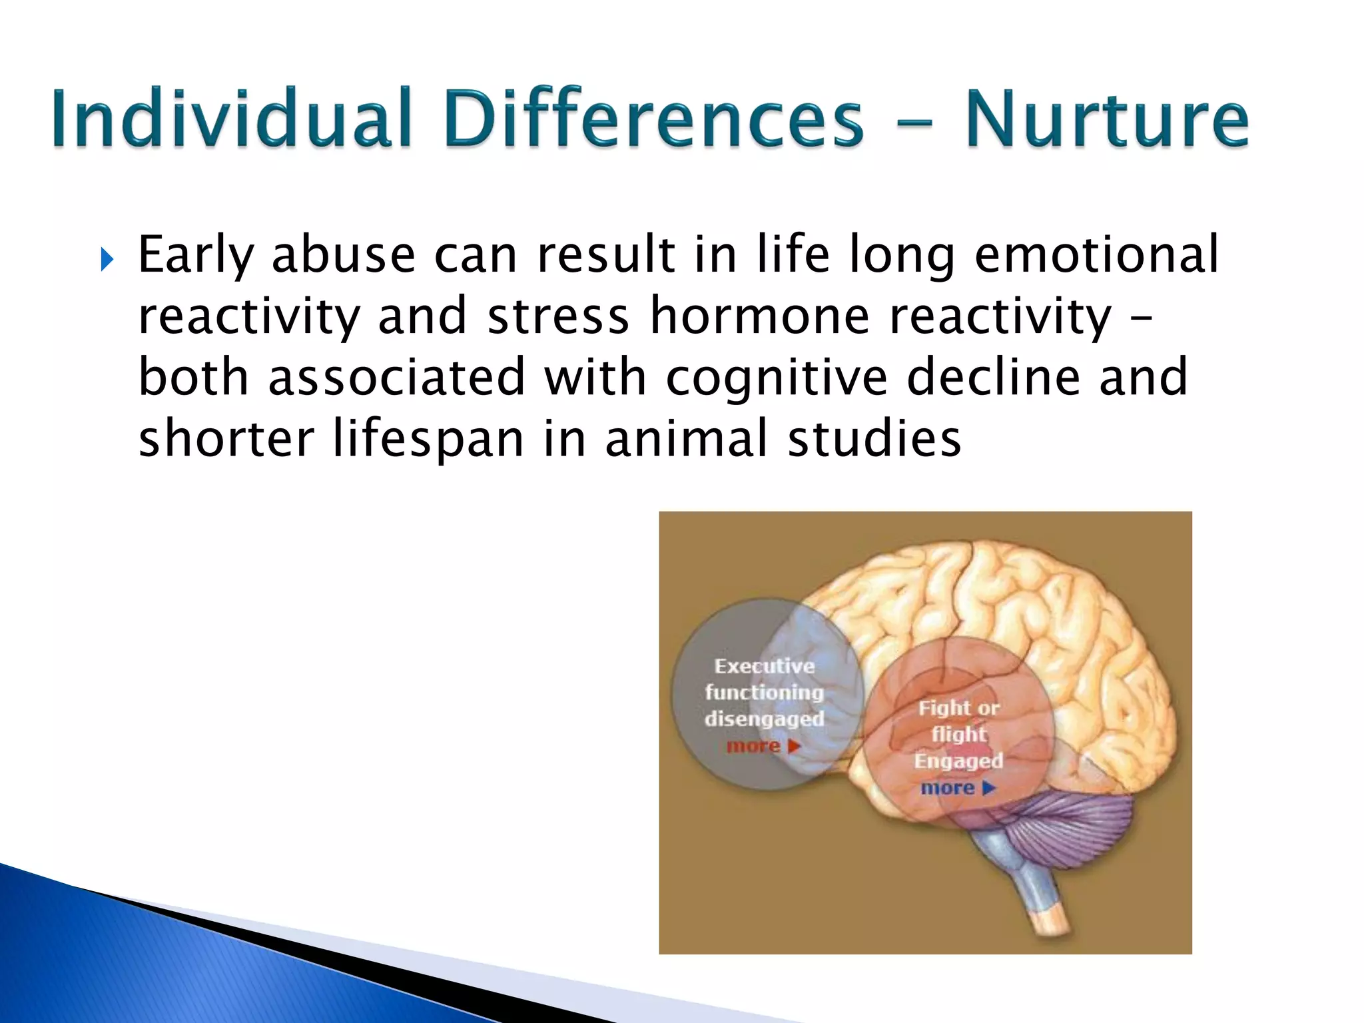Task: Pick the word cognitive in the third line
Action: [777, 378]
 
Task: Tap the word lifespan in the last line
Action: [429, 440]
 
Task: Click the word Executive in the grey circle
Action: [765, 666]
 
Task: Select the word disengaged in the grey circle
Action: [765, 719]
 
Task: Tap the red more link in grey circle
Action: [763, 746]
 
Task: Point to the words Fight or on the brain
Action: [958, 707]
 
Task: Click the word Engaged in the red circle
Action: [958, 761]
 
